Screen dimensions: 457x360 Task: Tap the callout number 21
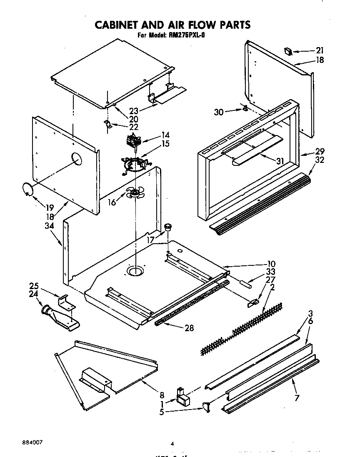(x=320, y=51)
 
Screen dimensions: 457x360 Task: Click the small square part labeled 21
(x=287, y=51)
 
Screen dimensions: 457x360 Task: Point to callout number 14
(x=154, y=135)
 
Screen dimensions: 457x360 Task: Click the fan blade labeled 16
(x=135, y=192)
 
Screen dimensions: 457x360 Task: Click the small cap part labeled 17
(x=168, y=227)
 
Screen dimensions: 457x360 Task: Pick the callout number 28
(x=189, y=328)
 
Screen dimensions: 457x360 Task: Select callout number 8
(x=162, y=395)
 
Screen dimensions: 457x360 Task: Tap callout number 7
(x=297, y=398)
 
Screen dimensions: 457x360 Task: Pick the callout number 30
(x=218, y=112)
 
